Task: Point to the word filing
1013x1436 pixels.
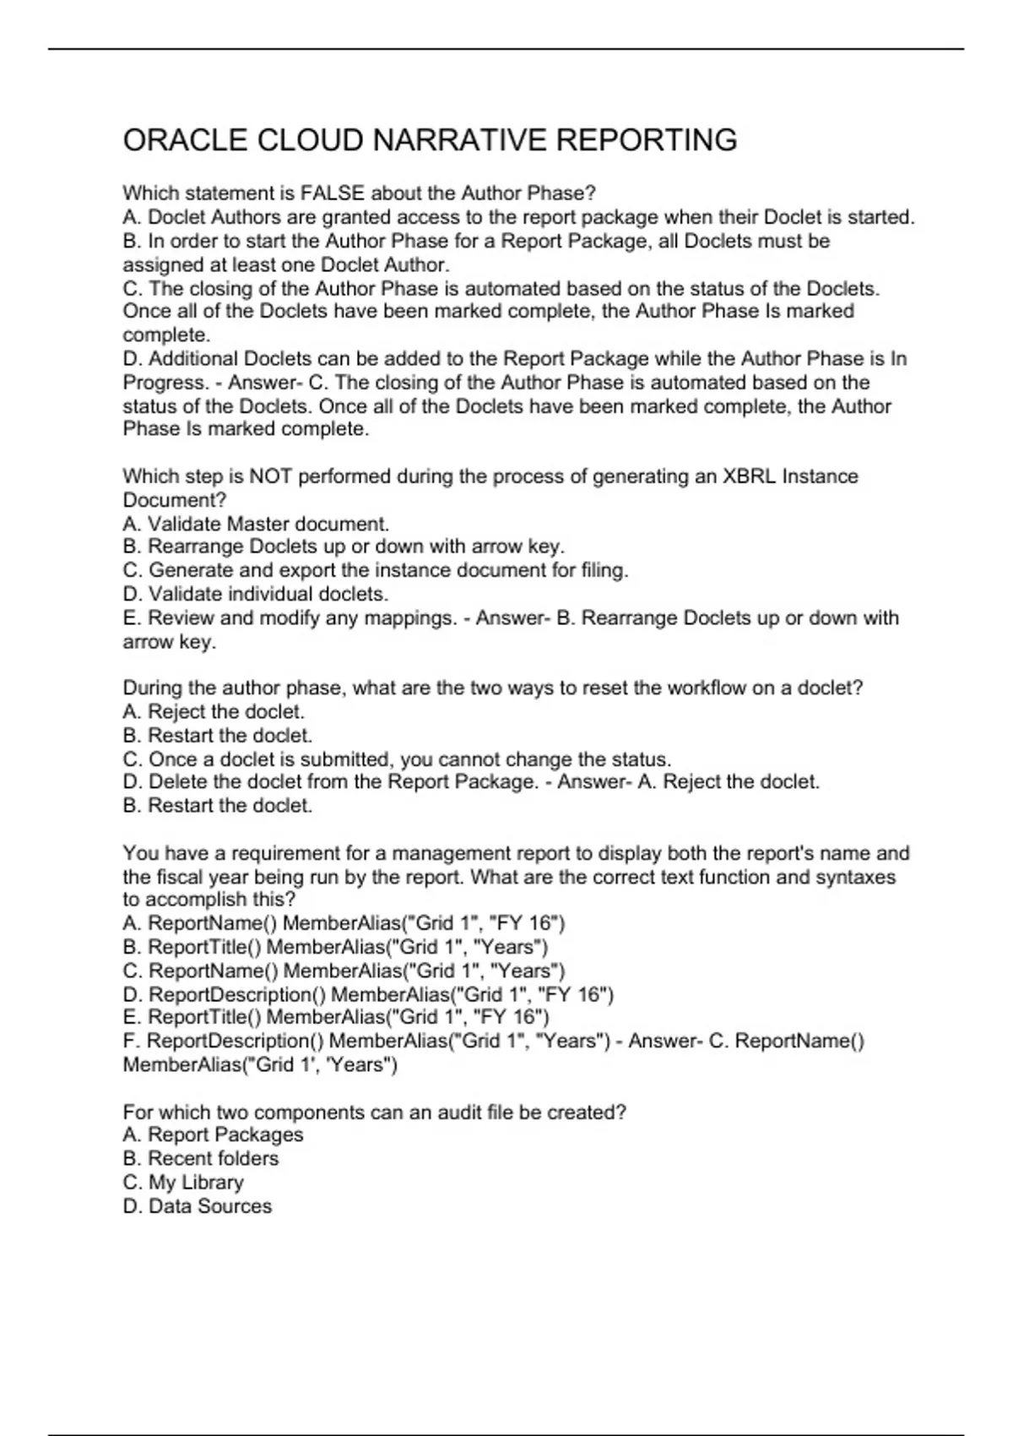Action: [x=604, y=570]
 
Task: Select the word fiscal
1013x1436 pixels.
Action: [x=179, y=877]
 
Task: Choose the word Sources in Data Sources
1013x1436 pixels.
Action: [x=235, y=1206]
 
